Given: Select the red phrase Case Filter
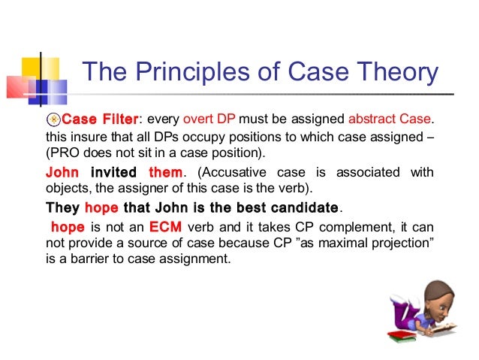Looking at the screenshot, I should (x=100, y=119).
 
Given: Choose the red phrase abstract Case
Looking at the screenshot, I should (x=390, y=119).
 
